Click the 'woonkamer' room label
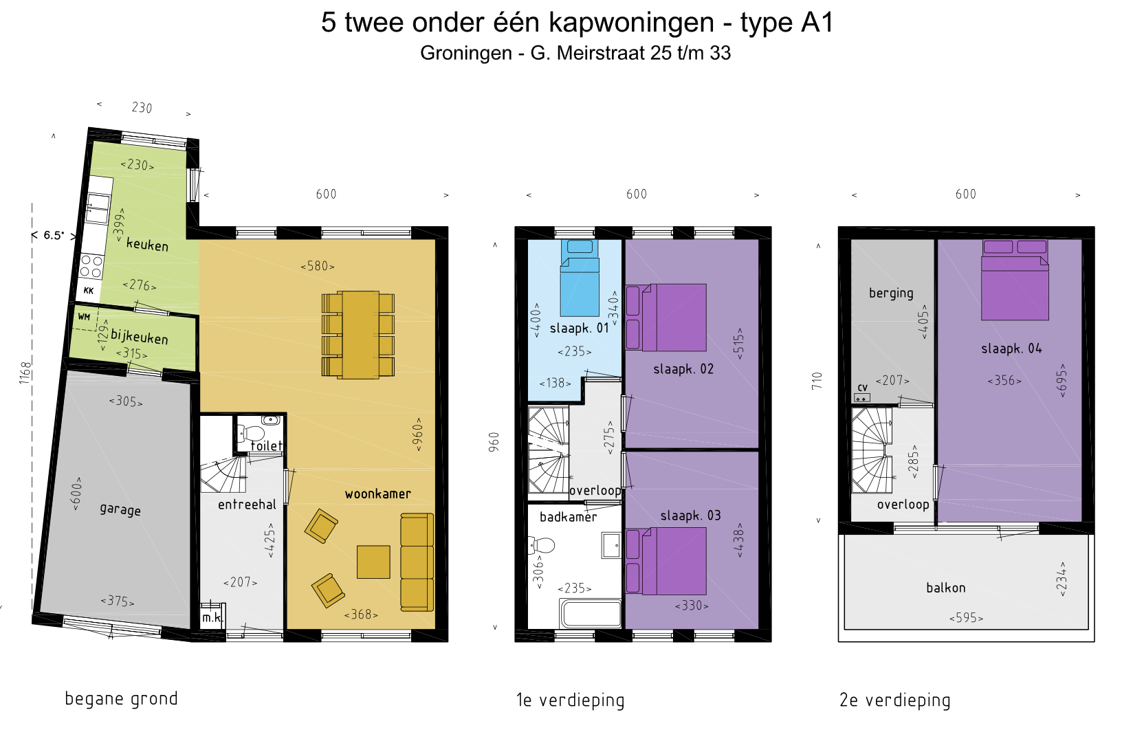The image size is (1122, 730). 377,494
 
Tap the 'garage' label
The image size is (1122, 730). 120,510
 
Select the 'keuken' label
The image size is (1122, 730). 147,245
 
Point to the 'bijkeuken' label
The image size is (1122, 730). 140,336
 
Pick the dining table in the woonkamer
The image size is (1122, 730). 357,335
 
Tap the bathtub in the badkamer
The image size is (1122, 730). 591,613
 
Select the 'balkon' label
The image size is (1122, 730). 946,588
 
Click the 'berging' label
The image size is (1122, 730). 891,294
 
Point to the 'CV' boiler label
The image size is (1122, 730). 863,388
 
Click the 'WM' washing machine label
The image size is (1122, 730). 84,317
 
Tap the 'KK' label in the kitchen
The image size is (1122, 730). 89,290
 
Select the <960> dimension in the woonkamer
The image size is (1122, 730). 417,434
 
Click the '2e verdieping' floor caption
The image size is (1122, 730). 894,700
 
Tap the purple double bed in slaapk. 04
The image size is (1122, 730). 1015,280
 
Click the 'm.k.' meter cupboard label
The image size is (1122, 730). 212,618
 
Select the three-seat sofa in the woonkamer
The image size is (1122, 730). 417,562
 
